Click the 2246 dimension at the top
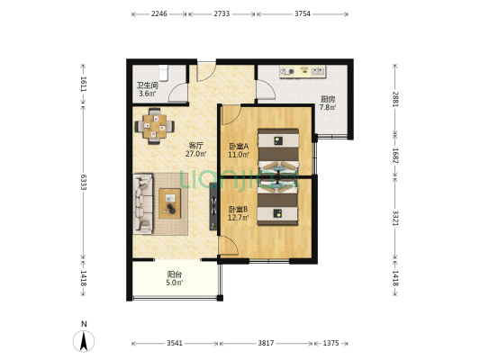158,13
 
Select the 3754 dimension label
303,13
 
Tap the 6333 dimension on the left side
84,182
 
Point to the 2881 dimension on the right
395,99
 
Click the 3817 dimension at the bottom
266,343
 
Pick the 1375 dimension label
331,343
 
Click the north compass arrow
84,341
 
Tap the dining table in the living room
155,126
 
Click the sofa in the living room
143,204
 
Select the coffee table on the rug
169,203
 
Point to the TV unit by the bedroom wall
213,206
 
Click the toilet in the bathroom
164,73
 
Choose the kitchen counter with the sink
303,72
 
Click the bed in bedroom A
278,150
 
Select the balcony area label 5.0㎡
175,283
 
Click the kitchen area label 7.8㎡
328,107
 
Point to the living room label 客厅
196,145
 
